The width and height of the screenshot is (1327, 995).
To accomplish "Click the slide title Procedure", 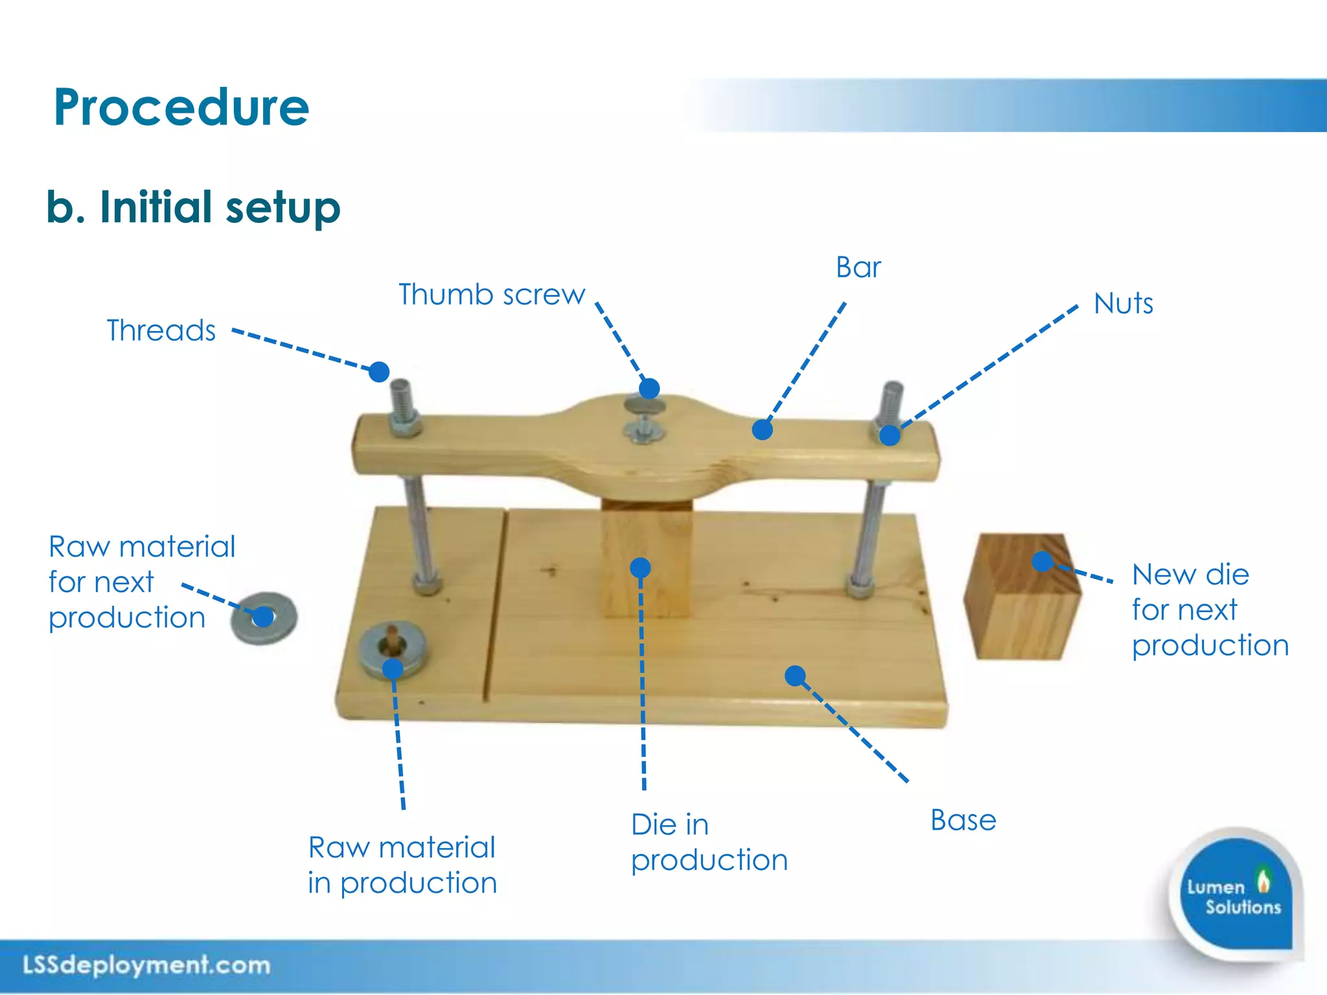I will pyautogui.click(x=181, y=107).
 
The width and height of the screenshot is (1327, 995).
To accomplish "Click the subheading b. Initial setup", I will pyautogui.click(x=193, y=207).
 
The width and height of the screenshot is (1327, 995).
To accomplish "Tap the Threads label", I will pyautogui.click(x=161, y=330).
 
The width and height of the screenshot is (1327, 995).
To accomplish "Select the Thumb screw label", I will pyautogui.click(x=491, y=295).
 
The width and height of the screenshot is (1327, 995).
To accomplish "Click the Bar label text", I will pyautogui.click(x=858, y=268).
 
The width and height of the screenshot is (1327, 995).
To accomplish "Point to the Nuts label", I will pyautogui.click(x=1123, y=303).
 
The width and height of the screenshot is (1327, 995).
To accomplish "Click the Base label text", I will pyautogui.click(x=963, y=820).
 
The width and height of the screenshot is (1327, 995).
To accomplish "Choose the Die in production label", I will pyautogui.click(x=709, y=842).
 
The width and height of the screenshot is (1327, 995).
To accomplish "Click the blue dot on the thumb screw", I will pyautogui.click(x=649, y=389).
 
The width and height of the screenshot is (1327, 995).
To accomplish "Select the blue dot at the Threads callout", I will pyautogui.click(x=379, y=372).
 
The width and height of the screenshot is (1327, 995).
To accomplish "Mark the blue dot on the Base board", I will pyautogui.click(x=795, y=676).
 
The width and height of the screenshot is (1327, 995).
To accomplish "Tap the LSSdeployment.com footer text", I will pyautogui.click(x=146, y=965).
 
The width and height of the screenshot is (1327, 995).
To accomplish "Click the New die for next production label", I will pyautogui.click(x=1209, y=610).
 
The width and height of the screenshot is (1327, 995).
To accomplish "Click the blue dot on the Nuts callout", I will pyautogui.click(x=890, y=435).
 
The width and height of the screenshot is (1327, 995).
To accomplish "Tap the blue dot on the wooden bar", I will pyautogui.click(x=763, y=429).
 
